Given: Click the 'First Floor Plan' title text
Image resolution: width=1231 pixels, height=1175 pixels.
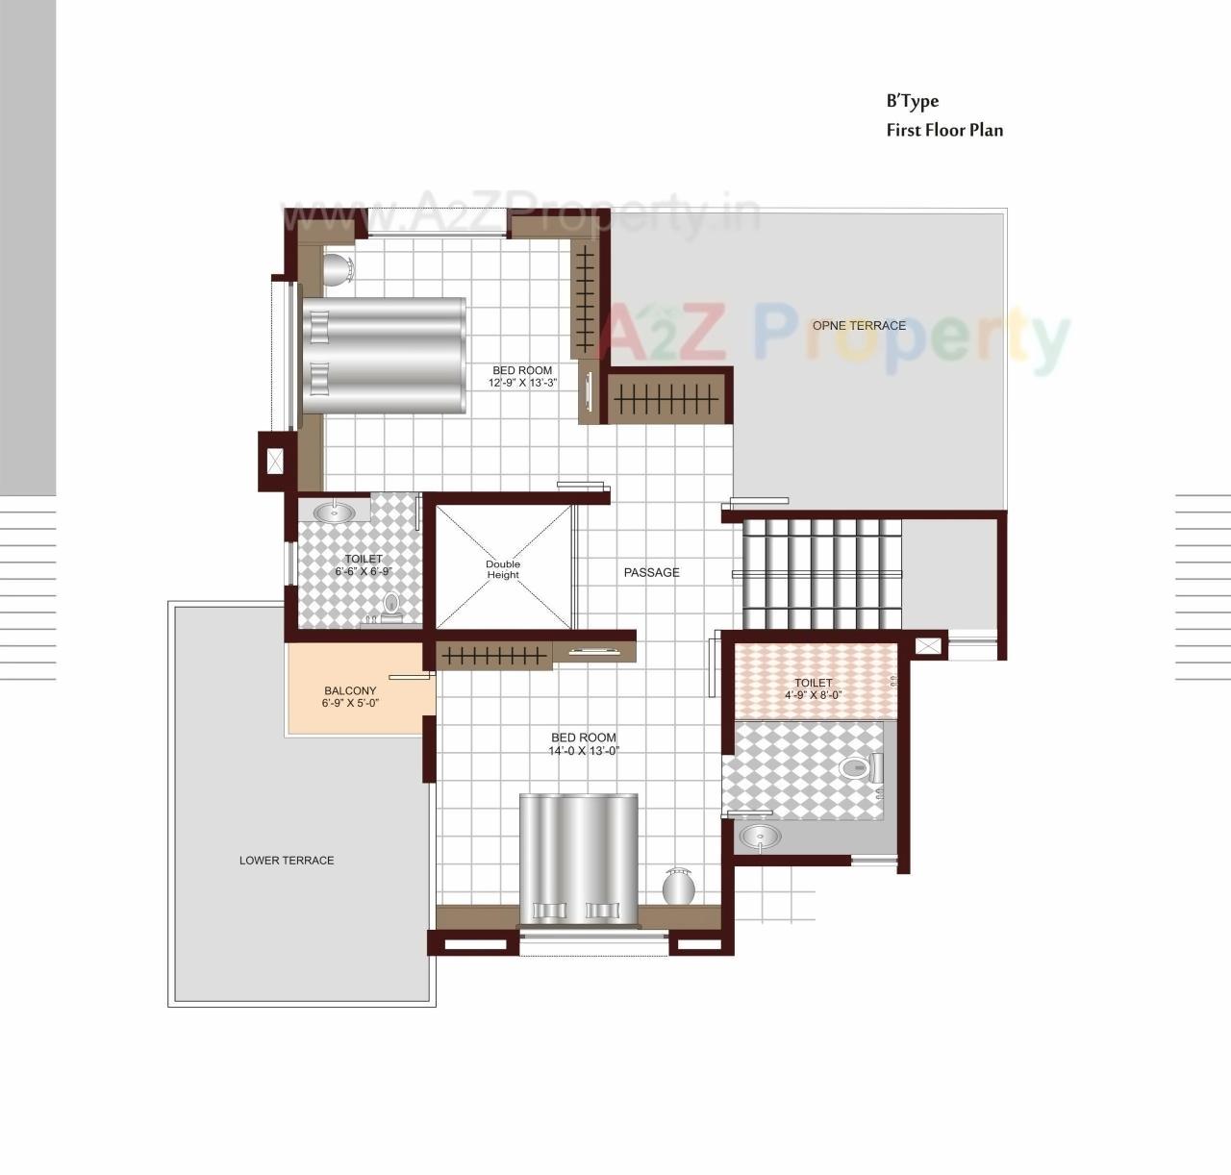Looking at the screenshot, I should tap(943, 130).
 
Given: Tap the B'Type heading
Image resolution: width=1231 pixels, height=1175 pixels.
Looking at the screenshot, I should tap(912, 101).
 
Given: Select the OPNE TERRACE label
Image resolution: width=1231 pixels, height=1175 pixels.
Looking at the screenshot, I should tap(859, 326).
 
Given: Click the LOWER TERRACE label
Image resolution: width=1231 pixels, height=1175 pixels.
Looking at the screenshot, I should tap(287, 861).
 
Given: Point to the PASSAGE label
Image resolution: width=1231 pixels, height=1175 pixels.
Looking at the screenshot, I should tap(651, 573).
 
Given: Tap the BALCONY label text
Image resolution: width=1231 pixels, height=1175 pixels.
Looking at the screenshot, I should tap(350, 691).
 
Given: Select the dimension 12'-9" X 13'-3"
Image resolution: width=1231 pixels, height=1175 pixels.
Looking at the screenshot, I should tap(522, 383).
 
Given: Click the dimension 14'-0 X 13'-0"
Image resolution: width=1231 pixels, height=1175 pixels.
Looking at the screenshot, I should tap(583, 751).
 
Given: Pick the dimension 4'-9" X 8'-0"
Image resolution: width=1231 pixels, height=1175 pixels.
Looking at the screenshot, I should tap(814, 694).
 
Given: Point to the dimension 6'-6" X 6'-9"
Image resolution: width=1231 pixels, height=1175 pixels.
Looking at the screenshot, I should tap(363, 571).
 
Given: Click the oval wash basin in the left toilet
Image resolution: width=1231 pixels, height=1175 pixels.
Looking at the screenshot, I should tap(334, 512).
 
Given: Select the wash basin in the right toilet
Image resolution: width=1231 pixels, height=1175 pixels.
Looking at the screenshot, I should tap(761, 837).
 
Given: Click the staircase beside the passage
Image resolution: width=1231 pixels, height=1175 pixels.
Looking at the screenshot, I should tap(822, 573).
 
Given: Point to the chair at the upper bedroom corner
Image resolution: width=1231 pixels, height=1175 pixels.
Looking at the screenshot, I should tap(338, 269).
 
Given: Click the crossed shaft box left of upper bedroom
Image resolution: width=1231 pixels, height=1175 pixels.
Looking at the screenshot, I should tap(275, 462).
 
